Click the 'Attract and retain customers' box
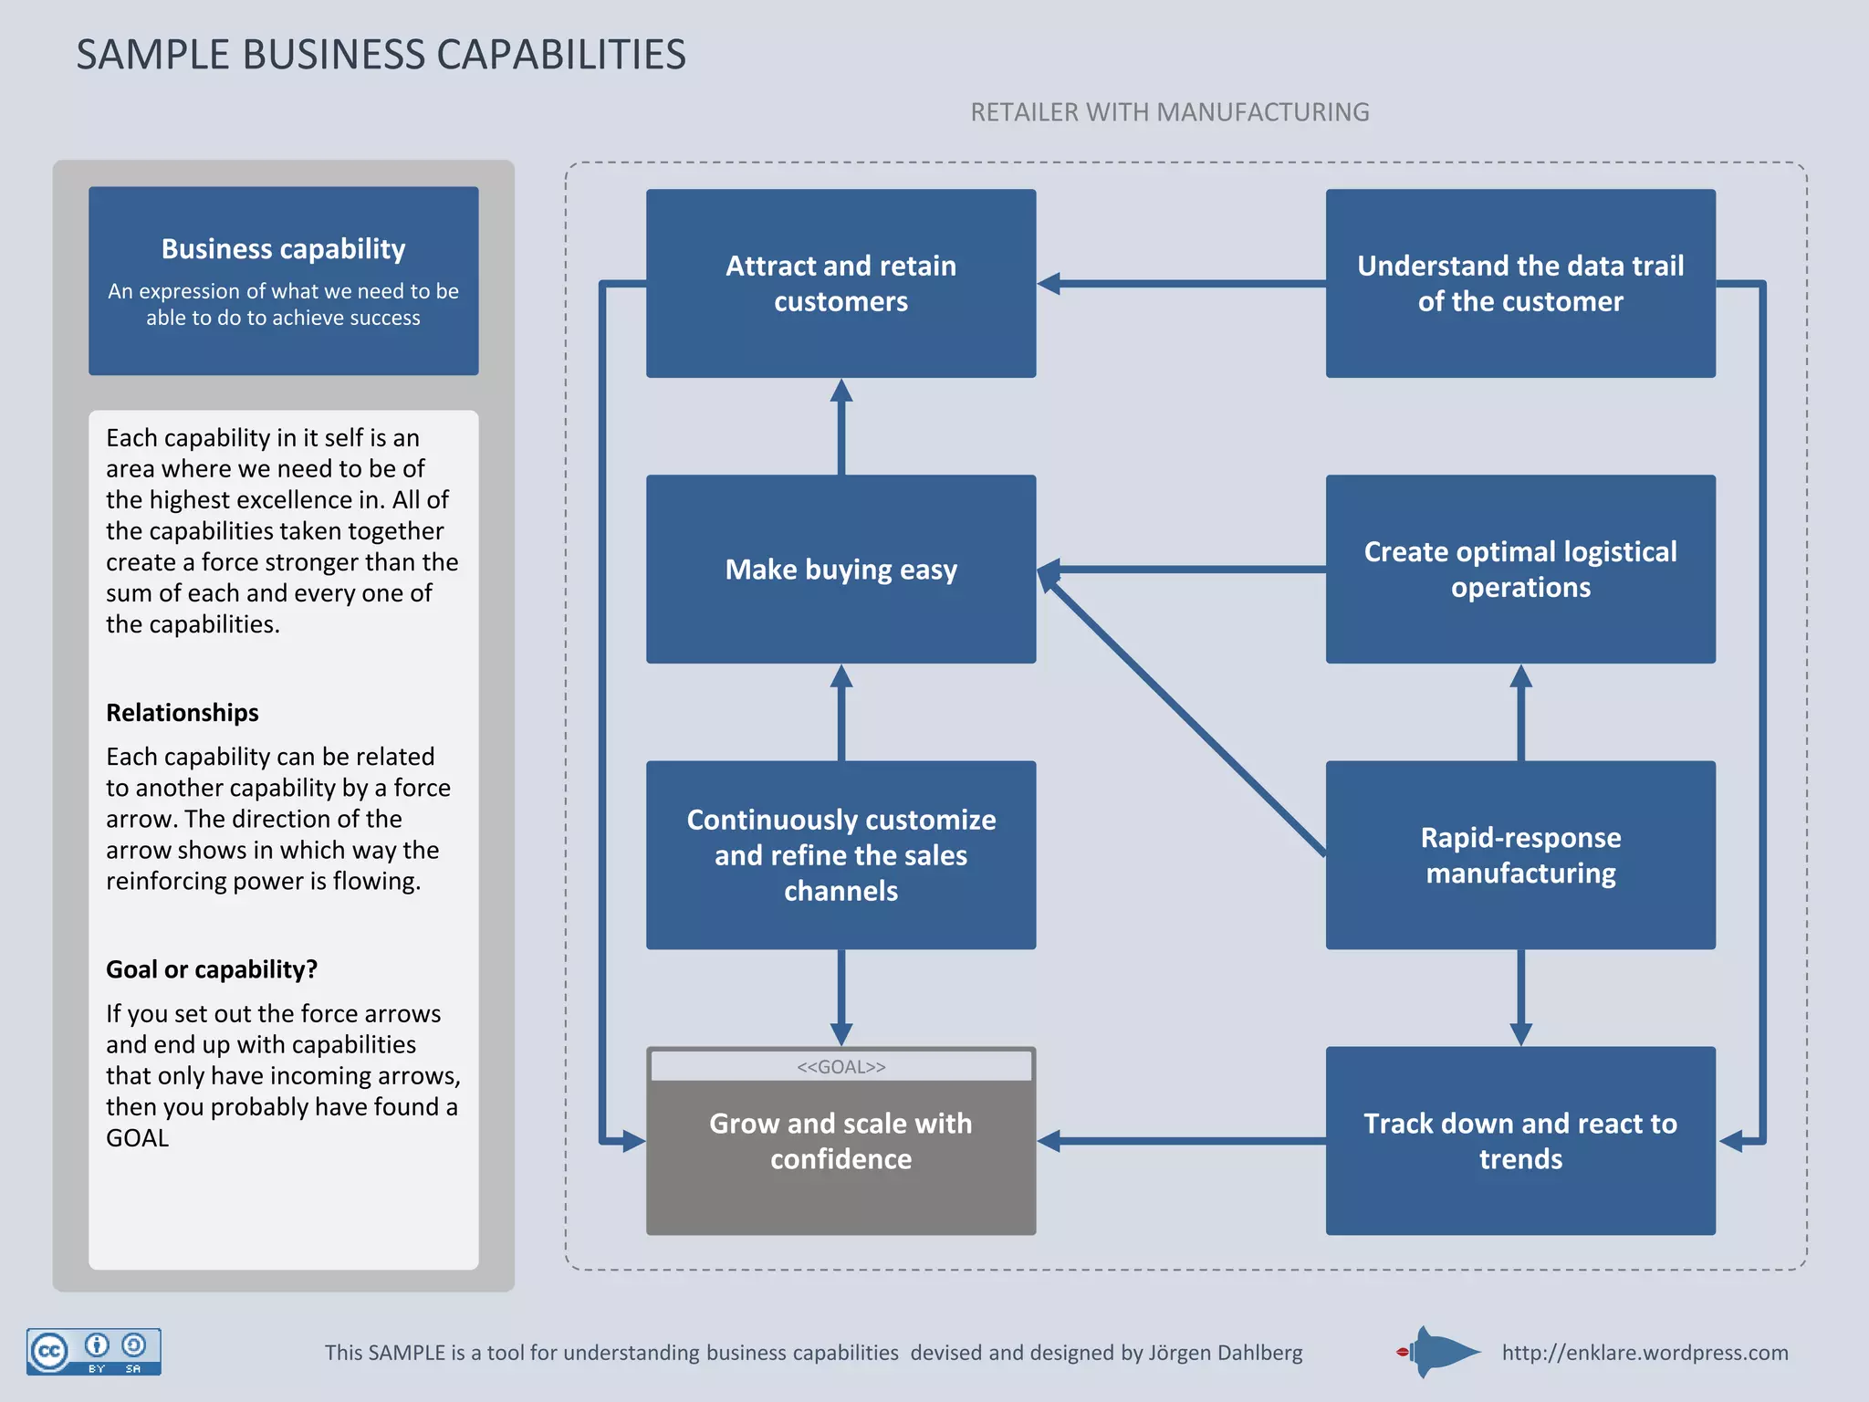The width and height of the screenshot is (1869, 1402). click(841, 283)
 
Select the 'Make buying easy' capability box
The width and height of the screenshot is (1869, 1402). click(841, 569)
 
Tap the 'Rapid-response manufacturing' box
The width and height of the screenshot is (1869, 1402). click(1520, 854)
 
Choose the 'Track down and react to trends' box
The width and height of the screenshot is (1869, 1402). click(1520, 1140)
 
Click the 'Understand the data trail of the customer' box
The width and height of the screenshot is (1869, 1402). click(1520, 283)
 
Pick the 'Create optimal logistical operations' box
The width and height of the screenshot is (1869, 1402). click(1520, 569)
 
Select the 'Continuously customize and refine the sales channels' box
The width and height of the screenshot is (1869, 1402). click(841, 854)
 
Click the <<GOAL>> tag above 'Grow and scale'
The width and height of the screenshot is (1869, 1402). click(841, 1066)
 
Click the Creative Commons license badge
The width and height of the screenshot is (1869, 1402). click(94, 1351)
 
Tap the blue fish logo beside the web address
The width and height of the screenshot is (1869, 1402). click(1442, 1352)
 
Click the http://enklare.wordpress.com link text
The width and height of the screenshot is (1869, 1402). click(1645, 1353)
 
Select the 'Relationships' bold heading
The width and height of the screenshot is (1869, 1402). click(183, 712)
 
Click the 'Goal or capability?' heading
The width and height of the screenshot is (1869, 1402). click(212, 969)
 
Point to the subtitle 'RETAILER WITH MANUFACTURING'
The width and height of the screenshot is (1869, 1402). click(1169, 112)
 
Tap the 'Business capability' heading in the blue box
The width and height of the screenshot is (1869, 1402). click(283, 248)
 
